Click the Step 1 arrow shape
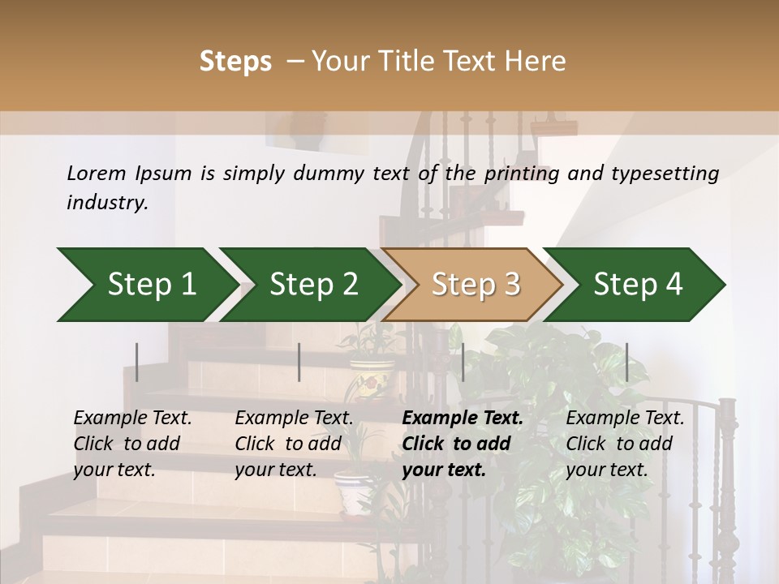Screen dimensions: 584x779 146,285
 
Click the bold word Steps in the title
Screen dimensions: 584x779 235,62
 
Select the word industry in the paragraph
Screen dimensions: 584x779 106,203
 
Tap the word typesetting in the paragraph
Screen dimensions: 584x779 665,174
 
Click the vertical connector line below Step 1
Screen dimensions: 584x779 137,362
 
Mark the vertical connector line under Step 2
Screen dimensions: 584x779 299,362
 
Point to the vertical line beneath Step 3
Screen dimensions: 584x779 463,362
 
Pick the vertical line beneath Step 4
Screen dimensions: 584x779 626,362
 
